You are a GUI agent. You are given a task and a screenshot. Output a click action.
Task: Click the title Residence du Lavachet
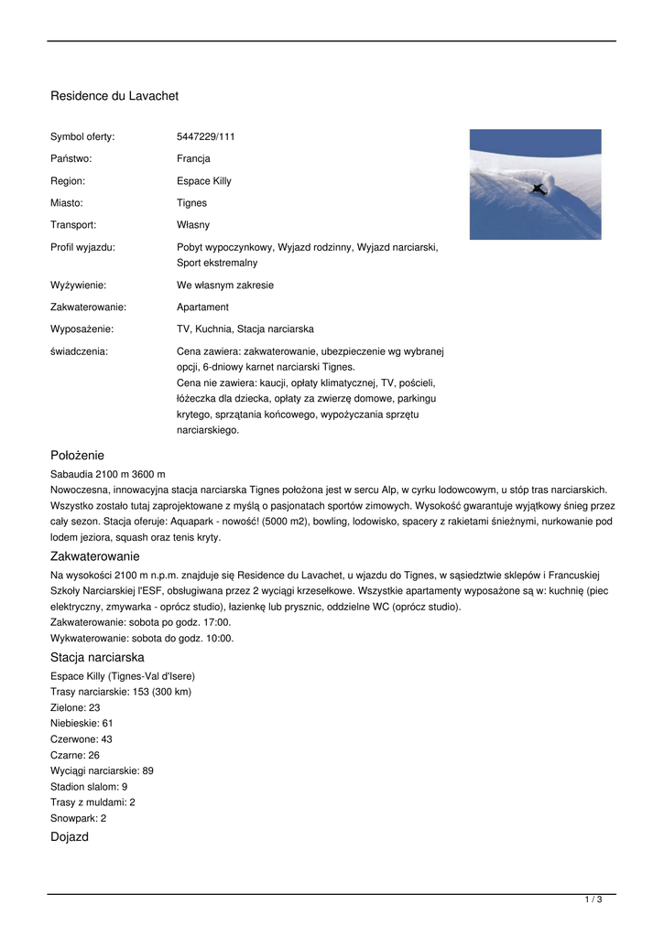114,96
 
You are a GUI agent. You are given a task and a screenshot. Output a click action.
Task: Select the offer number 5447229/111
206,137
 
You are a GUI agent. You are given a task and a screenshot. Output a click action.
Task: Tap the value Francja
193,159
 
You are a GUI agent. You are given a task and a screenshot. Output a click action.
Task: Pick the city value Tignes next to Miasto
191,203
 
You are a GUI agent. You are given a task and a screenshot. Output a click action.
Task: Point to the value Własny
193,225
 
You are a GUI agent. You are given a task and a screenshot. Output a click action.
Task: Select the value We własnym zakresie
225,285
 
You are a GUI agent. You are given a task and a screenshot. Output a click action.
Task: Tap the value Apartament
202,307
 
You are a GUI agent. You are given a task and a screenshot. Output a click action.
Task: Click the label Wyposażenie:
82,329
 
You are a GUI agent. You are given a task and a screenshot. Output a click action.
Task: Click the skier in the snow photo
539,188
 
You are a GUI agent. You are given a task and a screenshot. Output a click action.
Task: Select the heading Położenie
77,455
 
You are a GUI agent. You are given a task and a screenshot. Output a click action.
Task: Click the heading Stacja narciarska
97,658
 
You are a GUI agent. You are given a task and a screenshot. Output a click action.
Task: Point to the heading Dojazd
70,836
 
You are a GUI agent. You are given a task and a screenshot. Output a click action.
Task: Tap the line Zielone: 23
75,708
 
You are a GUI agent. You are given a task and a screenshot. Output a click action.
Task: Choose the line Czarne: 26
75,756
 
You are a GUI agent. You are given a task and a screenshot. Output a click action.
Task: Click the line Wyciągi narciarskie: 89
102,771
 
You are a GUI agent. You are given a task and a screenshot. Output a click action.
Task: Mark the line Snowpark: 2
78,819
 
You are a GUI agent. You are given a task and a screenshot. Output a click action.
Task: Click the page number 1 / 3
593,900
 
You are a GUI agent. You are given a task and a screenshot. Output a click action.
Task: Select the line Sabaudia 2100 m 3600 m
108,474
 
